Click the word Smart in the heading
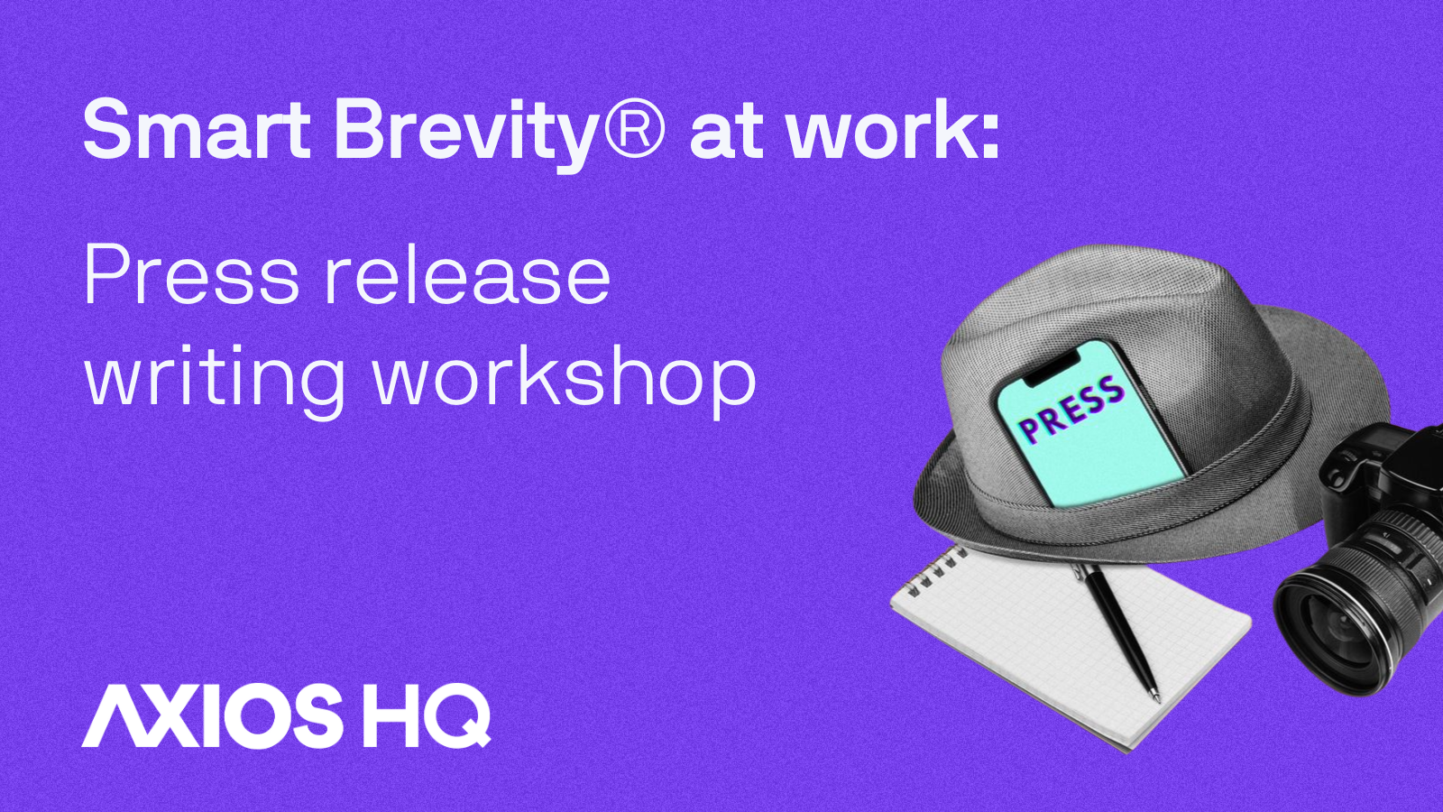click(196, 131)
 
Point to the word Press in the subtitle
click(190, 275)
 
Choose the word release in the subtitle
click(467, 275)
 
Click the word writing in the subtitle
click(215, 379)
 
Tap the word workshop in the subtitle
click(565, 379)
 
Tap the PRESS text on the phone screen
click(1071, 411)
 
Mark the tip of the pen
click(1155, 696)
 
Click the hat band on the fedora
click(1263, 433)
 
